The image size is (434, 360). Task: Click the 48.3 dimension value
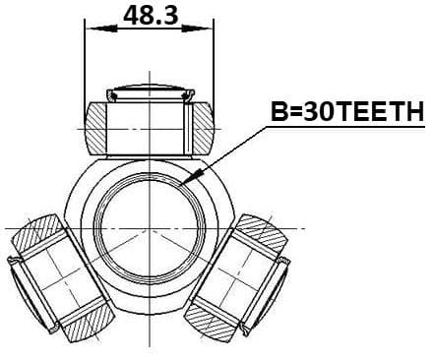[151, 16]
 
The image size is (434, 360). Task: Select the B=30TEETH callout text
[347, 111]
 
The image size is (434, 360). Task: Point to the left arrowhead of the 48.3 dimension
[101, 29]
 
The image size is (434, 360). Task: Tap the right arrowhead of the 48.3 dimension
[198, 29]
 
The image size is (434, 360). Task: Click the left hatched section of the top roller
[96, 129]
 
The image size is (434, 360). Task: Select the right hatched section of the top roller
[204, 129]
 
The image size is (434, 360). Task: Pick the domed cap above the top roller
[150, 90]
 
